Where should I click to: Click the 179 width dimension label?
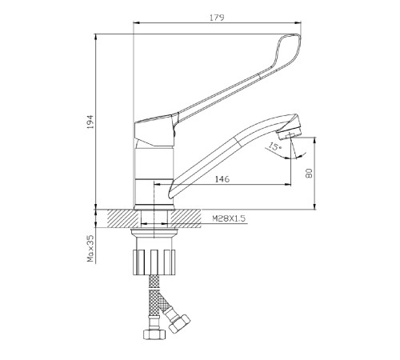tap(217, 18)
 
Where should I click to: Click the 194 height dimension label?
tap(90, 122)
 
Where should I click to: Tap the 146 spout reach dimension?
tap(222, 179)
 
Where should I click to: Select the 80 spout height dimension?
tap(309, 174)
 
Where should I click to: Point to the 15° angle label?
tap(274, 146)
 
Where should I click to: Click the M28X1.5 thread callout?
tap(229, 218)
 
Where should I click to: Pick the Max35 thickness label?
tap(90, 248)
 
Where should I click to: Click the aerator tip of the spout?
tap(290, 133)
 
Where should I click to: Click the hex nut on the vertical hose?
tap(154, 334)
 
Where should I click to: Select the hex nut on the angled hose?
tap(180, 323)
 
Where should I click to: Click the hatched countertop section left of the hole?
tap(123, 218)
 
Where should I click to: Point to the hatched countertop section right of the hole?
tap(186, 218)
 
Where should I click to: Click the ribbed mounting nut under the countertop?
tap(154, 262)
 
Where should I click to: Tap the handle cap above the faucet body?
tap(155, 130)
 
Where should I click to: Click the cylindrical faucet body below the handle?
tap(154, 176)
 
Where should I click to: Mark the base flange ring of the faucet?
tap(154, 207)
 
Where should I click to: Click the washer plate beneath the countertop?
tap(154, 232)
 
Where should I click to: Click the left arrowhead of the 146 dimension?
tap(157, 184)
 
